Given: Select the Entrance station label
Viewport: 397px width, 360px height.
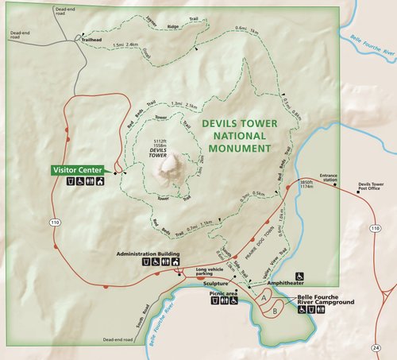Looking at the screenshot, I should [329, 178].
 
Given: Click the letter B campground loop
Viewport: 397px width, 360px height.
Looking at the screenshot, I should [273, 311].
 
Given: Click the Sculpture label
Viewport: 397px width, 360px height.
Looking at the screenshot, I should [216, 283].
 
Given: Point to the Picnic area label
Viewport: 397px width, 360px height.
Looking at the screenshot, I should [224, 292].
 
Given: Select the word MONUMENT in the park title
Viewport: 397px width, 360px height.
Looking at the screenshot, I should [237, 148].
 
